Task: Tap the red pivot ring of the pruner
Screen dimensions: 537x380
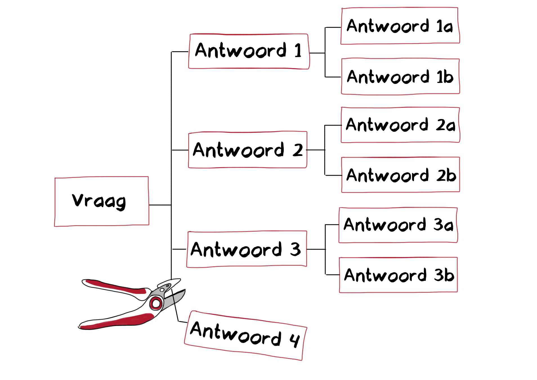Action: tap(156, 303)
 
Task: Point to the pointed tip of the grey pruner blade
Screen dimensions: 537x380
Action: tap(185, 292)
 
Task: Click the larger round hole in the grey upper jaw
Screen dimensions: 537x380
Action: tap(162, 290)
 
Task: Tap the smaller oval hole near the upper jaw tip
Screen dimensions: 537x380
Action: tap(167, 286)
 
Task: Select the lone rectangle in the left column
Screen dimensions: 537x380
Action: tap(102, 201)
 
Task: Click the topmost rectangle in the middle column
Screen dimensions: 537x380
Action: tap(249, 51)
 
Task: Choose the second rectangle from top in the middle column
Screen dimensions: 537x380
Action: tap(248, 149)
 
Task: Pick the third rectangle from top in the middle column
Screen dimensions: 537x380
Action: tap(247, 249)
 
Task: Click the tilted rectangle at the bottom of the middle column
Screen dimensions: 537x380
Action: tap(246, 335)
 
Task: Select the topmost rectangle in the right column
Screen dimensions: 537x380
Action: tap(400, 26)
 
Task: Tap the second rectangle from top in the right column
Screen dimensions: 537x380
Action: tap(400, 76)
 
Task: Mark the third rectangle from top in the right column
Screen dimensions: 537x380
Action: tap(400, 125)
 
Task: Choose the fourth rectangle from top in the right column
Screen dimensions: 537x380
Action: tap(400, 175)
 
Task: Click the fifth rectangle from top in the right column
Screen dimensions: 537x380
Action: tap(398, 225)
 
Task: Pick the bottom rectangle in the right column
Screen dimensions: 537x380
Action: tap(398, 275)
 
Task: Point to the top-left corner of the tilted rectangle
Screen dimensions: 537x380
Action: tap(193, 311)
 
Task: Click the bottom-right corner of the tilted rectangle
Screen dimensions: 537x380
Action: tap(302, 360)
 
